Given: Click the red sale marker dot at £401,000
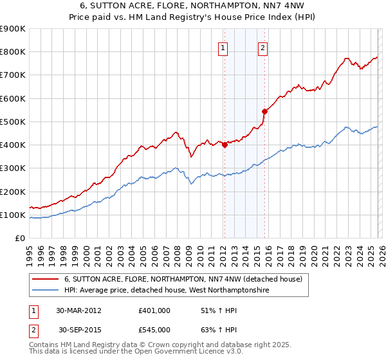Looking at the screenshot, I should (225, 145).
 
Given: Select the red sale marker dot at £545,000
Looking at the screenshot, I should (264, 111).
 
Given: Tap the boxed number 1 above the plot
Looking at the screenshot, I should (223, 46).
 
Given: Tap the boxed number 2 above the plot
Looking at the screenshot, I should (263, 46).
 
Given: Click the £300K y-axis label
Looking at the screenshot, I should (13, 168).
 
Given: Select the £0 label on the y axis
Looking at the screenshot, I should (19, 239).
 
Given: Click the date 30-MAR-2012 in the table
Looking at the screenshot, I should (78, 310).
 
